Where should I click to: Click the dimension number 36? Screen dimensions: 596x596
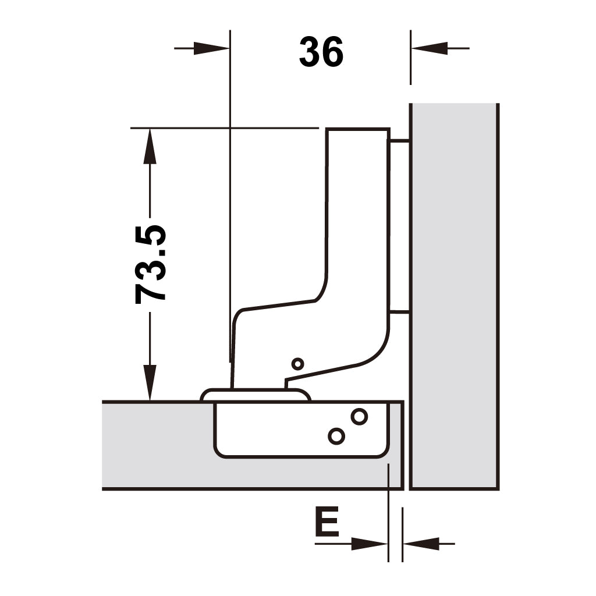click(321, 52)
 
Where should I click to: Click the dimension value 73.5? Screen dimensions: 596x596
click(151, 265)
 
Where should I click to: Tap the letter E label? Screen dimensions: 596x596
click(327, 521)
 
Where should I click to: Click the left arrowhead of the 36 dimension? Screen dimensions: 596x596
click(211, 48)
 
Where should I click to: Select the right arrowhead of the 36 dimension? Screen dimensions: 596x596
click(430, 48)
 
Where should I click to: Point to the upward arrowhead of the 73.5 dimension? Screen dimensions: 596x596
click(150, 146)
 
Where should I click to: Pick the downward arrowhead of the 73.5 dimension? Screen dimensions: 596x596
click(150, 383)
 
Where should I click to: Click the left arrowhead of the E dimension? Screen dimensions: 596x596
click(369, 544)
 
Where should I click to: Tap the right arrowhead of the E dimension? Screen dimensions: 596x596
click(421, 544)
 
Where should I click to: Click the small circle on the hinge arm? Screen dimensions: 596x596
click(297, 364)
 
